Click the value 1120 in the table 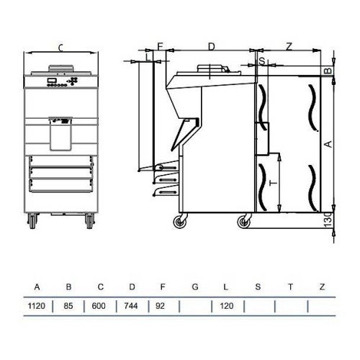[37, 306]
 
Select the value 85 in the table [69, 306]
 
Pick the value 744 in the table [132, 306]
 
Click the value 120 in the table [227, 306]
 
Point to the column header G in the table [195, 287]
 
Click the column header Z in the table [322, 287]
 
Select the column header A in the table [37, 287]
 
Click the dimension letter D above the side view [211, 46]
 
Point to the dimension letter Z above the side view [289, 46]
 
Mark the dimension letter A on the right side [328, 145]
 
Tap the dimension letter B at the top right [328, 71]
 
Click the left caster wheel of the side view [177, 222]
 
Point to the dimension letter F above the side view [161, 46]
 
